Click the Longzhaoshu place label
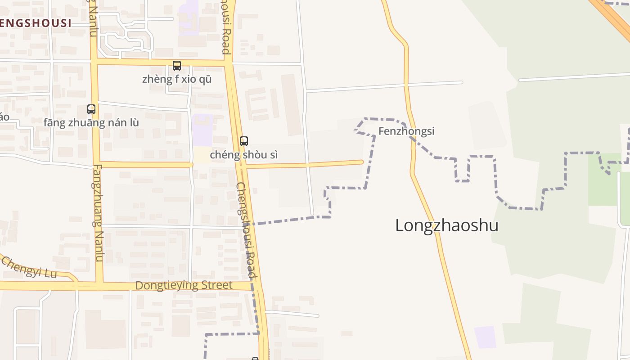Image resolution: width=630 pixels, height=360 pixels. [446, 225]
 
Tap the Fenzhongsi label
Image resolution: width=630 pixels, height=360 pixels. [406, 131]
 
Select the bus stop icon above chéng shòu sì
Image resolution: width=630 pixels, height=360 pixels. [244, 141]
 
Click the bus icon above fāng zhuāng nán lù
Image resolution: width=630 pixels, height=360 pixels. [91, 109]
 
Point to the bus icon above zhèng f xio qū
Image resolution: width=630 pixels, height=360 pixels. [177, 66]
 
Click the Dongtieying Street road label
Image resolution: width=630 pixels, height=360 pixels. [184, 285]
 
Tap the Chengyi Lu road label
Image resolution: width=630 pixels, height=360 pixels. [28, 268]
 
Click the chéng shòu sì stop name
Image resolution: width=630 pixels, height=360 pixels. [243, 155]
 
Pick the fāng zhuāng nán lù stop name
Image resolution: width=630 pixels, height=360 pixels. [91, 122]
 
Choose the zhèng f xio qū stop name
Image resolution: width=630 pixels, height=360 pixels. [177, 80]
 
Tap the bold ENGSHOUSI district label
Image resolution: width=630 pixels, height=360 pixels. [36, 23]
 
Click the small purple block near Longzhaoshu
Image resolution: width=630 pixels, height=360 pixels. [485, 337]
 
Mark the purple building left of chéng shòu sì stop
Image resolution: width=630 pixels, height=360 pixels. [202, 130]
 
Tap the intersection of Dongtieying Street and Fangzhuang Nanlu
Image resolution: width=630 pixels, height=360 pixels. [99, 285]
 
